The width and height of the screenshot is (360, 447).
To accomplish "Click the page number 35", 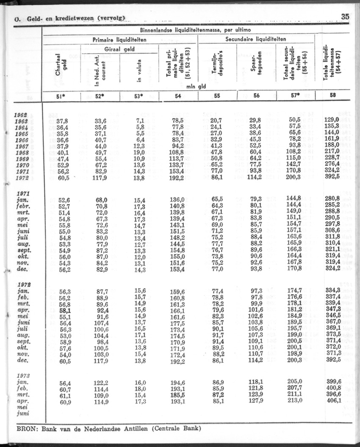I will pyautogui.click(x=344, y=17).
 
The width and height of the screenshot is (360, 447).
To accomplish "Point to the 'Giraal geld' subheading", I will pyautogui.click(x=119, y=50).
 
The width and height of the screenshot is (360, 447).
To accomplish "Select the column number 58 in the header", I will pyautogui.click(x=333, y=96).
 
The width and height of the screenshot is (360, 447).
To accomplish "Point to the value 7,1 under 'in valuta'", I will pyautogui.click(x=141, y=120).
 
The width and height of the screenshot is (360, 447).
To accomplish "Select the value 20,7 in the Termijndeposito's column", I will pyautogui.click(x=216, y=120).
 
